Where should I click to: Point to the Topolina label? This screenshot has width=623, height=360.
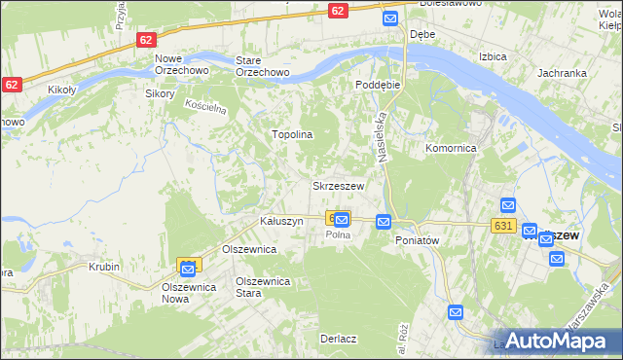tap(291, 134)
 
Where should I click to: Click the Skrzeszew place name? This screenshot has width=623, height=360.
tap(338, 186)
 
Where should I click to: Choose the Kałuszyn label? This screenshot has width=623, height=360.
tap(282, 222)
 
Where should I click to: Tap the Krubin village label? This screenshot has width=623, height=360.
tap(103, 267)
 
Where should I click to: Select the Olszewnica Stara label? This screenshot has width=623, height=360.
tap(264, 287)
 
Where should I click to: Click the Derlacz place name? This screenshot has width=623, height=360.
tap(338, 340)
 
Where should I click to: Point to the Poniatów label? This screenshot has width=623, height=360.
tap(419, 240)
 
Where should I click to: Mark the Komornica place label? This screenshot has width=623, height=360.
tap(450, 149)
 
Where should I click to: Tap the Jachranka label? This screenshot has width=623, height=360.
tap(561, 73)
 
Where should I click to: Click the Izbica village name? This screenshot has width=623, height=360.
tap(493, 56)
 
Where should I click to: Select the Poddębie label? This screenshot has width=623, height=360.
tap(379, 85)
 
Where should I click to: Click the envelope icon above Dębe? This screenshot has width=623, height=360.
tap(390, 18)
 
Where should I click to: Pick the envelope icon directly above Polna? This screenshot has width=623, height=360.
tap(342, 221)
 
